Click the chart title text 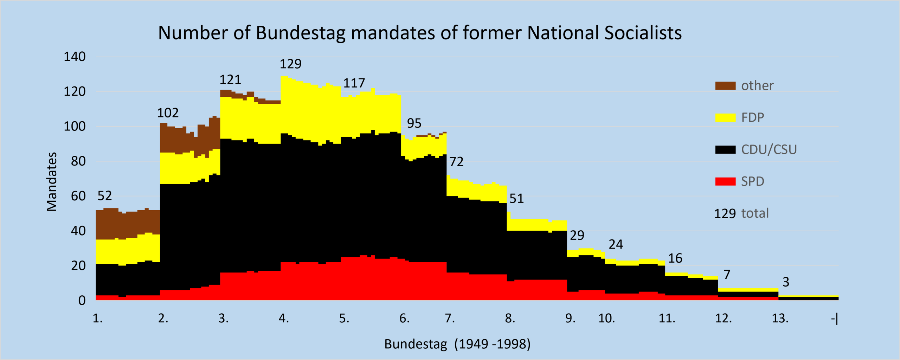420,33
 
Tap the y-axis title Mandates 52,182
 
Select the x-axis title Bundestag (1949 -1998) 457,344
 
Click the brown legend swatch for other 725,86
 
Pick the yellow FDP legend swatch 725,118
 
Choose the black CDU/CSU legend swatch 725,150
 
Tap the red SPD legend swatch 725,181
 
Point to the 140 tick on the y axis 75,57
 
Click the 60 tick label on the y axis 78,196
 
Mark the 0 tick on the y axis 82,301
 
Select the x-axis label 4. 284,319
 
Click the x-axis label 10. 607,319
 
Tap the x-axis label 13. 780,319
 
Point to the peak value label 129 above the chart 290,64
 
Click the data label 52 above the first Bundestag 104,196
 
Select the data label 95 414,123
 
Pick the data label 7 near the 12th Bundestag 727,275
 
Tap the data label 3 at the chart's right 786,282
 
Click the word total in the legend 755,213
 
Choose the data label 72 457,162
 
